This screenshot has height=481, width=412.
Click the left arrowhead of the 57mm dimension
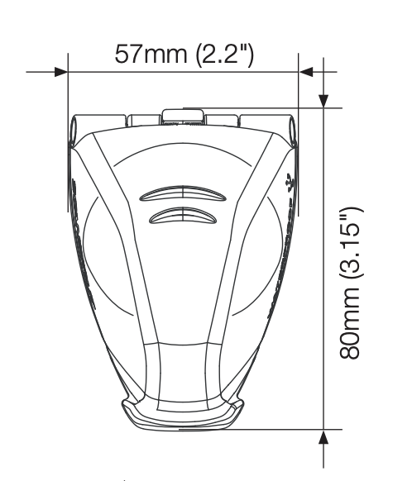coord(60,72)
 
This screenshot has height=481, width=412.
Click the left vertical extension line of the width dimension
coord(67,91)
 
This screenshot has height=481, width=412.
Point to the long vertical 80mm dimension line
coord(323,264)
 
